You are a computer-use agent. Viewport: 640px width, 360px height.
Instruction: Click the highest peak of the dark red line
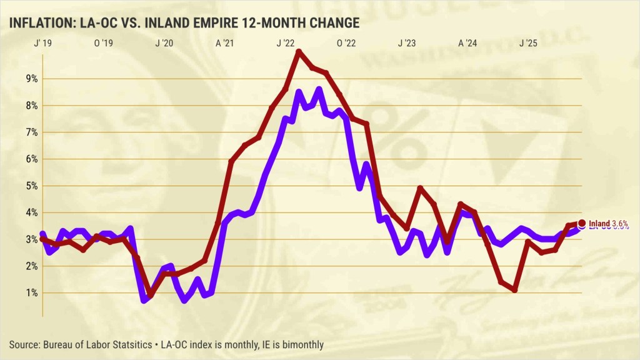(299, 52)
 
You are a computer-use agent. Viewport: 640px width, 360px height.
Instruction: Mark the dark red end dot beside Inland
(582, 223)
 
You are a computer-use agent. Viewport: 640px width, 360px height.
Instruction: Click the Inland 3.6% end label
(608, 223)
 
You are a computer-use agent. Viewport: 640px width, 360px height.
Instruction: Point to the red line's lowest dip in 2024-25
(514, 289)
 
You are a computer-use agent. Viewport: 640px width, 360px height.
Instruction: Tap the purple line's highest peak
(319, 89)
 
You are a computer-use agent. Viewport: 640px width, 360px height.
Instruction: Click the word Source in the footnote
(23, 344)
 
